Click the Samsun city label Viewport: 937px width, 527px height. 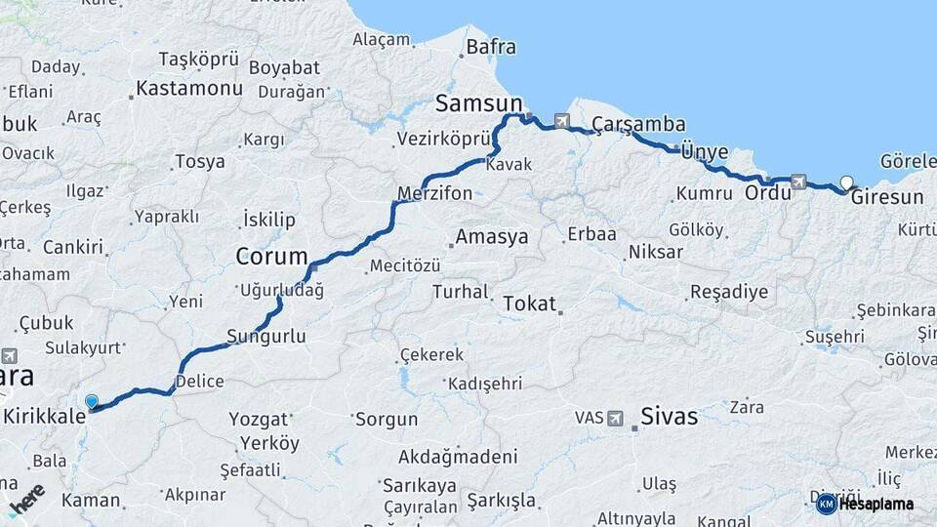(x=478, y=103)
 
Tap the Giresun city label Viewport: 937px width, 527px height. (x=886, y=197)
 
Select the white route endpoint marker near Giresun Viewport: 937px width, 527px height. (x=846, y=182)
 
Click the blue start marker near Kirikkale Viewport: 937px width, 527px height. (x=92, y=401)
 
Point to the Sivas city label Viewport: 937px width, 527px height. (x=669, y=417)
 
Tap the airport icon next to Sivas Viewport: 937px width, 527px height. (x=615, y=418)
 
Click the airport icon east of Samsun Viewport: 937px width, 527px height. (x=561, y=122)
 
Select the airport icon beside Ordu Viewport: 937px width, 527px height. (x=799, y=181)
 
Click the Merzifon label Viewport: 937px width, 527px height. (x=434, y=193)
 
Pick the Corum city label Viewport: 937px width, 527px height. (x=265, y=258)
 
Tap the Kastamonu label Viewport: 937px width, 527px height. (x=188, y=89)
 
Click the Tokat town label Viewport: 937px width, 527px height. (x=528, y=304)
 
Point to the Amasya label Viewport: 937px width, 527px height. (x=491, y=237)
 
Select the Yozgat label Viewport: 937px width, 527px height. (x=259, y=420)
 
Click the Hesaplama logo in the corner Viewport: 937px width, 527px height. (x=866, y=504)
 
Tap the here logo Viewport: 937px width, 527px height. (x=26, y=499)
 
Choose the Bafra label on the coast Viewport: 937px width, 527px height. (x=491, y=47)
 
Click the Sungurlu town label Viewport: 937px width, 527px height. (x=265, y=337)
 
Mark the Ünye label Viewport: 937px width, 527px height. (x=704, y=150)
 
